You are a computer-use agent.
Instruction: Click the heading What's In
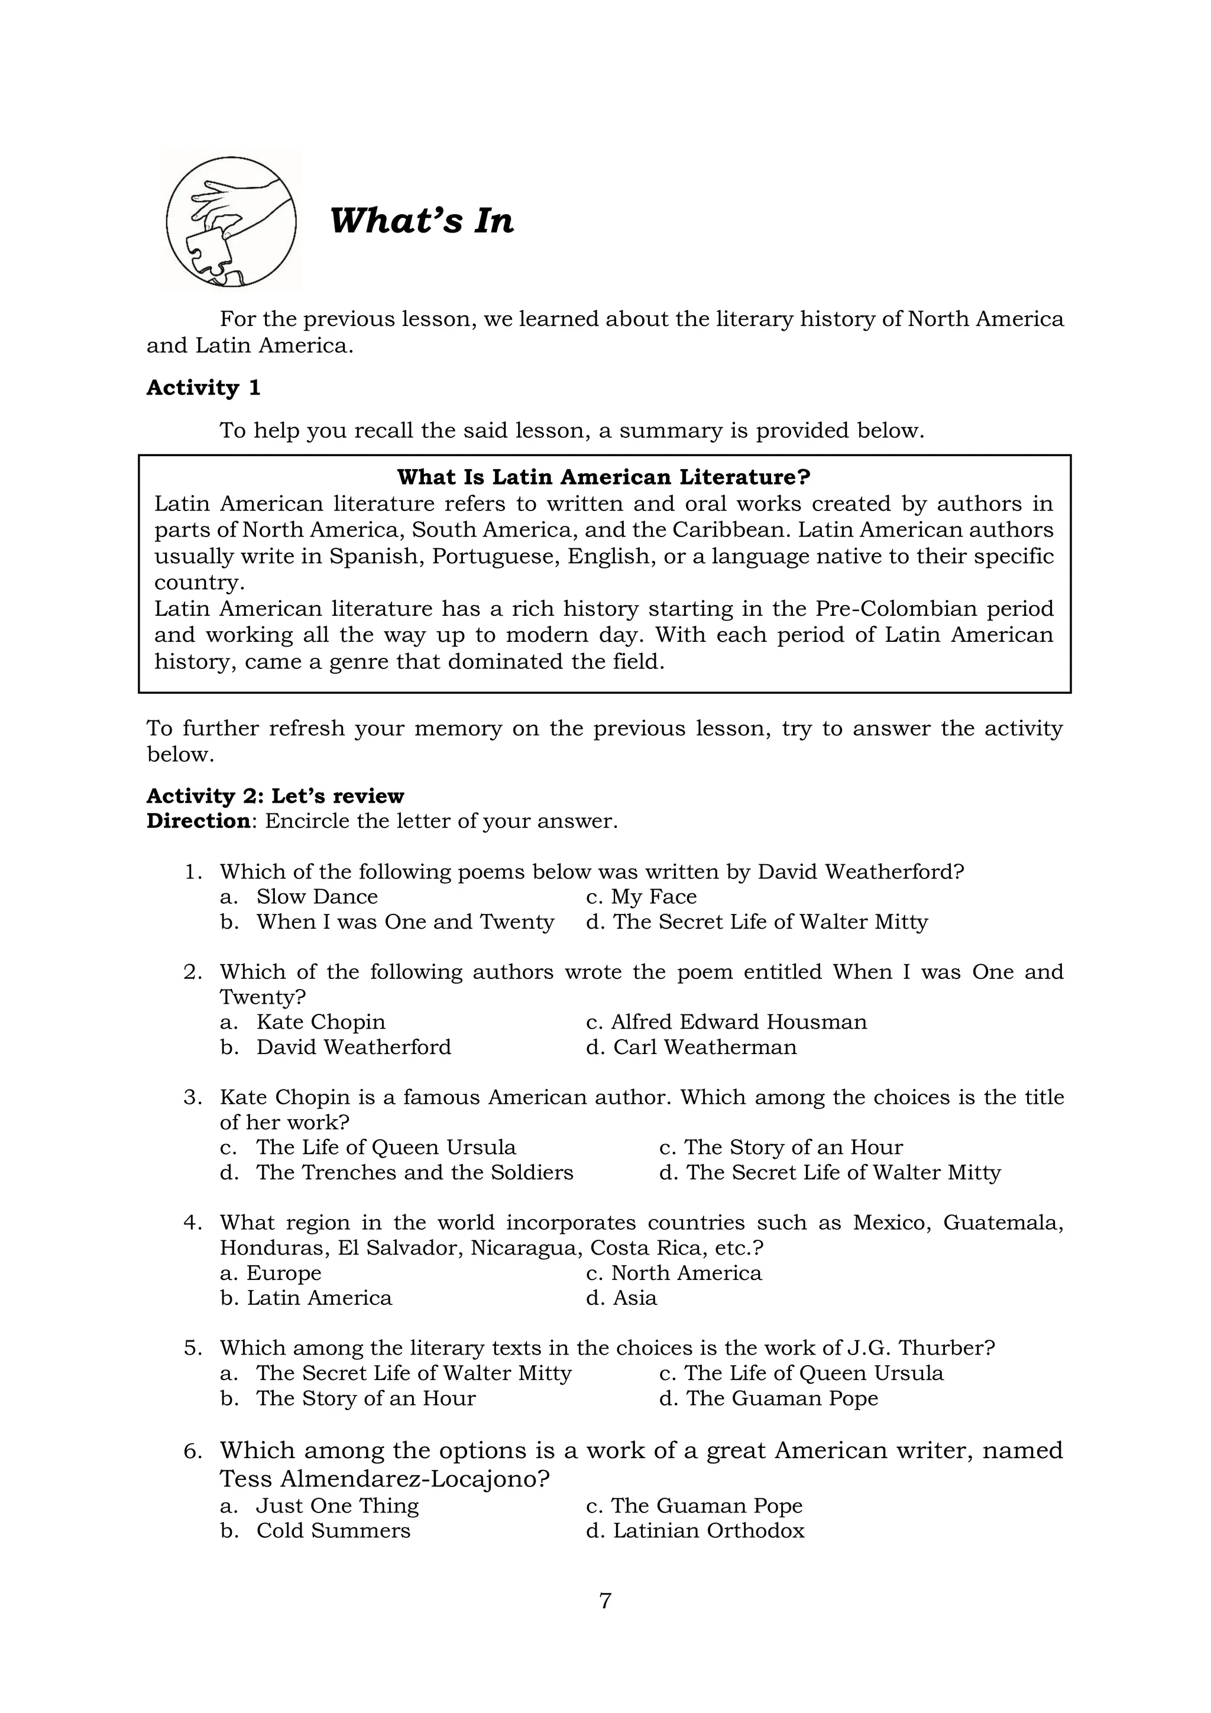[422, 222]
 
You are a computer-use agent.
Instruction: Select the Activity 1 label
[203, 388]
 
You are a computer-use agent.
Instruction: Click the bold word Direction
[197, 822]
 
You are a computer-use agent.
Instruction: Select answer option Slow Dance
[317, 897]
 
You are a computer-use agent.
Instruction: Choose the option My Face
[653, 897]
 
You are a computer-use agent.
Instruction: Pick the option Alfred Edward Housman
[738, 1022]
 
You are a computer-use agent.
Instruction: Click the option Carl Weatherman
[705, 1048]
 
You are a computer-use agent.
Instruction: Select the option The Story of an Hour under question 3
[793, 1148]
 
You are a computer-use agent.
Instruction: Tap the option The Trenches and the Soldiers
[415, 1173]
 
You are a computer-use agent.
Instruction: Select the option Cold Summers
[333, 1531]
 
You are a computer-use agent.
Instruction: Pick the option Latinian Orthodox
[708, 1531]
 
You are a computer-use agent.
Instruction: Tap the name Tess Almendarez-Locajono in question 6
[384, 1479]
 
